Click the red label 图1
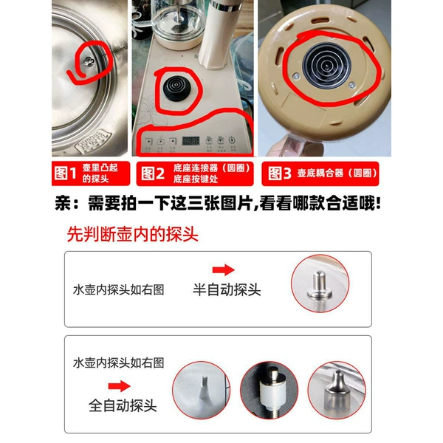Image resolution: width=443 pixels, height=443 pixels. point(65,174)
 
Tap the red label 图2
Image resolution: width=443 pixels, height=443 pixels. point(153,174)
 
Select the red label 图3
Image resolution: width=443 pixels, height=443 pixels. point(279,174)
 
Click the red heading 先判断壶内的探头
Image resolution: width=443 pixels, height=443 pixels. point(132,234)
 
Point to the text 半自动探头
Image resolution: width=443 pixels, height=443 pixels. point(227,289)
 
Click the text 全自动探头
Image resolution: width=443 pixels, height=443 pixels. point(123,405)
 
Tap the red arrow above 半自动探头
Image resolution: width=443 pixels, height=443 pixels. point(224,269)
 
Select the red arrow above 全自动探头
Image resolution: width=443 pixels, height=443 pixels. point(119,386)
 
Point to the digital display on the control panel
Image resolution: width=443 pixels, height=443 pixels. point(190,141)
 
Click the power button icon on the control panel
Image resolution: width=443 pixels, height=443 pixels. point(232,140)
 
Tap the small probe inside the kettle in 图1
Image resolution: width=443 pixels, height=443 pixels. point(89,61)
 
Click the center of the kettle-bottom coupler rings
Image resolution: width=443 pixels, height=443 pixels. point(326,66)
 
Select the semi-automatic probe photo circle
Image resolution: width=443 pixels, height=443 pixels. point(320,284)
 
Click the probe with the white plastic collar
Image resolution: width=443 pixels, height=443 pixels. point(269,390)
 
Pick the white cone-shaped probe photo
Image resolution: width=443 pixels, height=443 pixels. point(202,390)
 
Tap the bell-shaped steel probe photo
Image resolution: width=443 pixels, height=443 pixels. point(337,390)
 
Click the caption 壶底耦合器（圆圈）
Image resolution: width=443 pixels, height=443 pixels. point(337,173)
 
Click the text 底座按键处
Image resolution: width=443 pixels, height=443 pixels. point(196,179)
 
